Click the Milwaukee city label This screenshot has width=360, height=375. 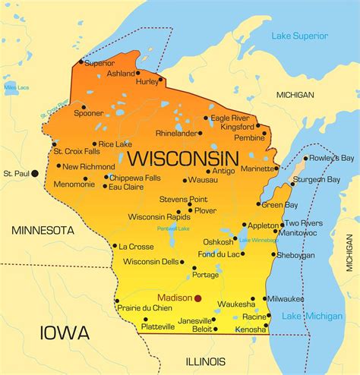pyautogui.click(x=286, y=298)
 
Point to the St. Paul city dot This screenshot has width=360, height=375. pyautogui.click(x=34, y=174)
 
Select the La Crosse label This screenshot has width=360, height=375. pyautogui.click(x=137, y=247)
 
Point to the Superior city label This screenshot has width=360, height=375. pyautogui.click(x=99, y=63)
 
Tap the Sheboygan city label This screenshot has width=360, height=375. pyautogui.click(x=295, y=256)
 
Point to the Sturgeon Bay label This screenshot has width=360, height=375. pyautogui.click(x=317, y=180)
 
